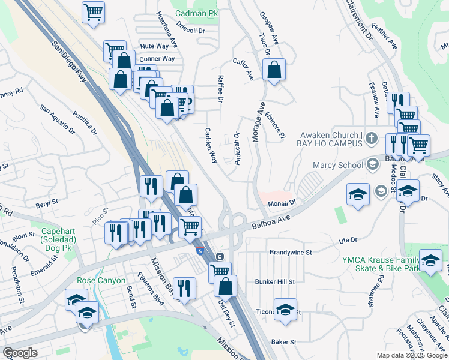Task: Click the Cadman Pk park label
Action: [x=197, y=13]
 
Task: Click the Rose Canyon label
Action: [x=101, y=280]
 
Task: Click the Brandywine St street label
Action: [x=291, y=253]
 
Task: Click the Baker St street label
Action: [x=284, y=342]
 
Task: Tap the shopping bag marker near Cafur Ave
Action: [x=274, y=70]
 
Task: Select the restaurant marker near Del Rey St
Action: [x=185, y=288]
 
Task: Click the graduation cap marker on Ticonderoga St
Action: [x=285, y=310]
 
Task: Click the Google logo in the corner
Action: [x=20, y=353]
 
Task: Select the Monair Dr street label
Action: [x=283, y=203]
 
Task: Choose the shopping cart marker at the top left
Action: [x=93, y=12]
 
